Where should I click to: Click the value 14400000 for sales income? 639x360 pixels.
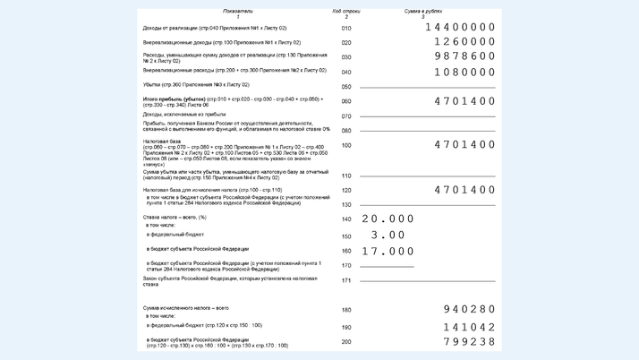[459, 28]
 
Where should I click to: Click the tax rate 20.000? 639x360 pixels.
[388, 219]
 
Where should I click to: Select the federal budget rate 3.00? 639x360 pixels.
[388, 235]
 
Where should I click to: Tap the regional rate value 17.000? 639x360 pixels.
[388, 251]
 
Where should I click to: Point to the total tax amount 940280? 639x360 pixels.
[469, 310]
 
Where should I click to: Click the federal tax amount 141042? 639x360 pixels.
[469, 327]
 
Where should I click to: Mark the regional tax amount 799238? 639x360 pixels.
[469, 341]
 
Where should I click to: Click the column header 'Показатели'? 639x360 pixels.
[238, 12]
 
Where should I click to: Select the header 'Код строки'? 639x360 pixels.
[346, 12]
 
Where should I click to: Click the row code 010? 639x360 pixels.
[346, 29]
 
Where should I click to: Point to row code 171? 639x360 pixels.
[346, 280]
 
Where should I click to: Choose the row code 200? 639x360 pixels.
[346, 341]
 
